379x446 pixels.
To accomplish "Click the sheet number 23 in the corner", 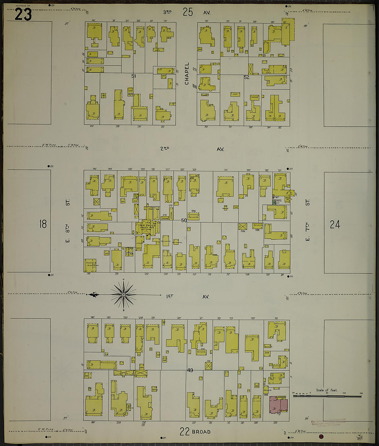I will tap(23, 14).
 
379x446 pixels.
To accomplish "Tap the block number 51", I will tap(134, 75).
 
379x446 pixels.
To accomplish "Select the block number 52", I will tap(247, 77).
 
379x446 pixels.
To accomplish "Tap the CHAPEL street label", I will tap(187, 73).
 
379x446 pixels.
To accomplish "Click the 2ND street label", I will tap(165, 149).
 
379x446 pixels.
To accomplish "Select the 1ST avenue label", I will tap(170, 296).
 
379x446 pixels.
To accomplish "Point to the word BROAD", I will tap(201, 432).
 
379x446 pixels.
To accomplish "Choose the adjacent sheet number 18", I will tap(43, 224).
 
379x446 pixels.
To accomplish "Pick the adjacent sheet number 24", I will tap(335, 225).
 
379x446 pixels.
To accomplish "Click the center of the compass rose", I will tap(123, 295).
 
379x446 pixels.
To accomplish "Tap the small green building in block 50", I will tap(274, 202).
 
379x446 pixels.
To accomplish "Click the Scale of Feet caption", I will tap(327, 390).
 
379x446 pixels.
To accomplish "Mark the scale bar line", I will tap(327, 396).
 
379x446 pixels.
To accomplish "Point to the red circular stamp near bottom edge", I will tap(321, 437).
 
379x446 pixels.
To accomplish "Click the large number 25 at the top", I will tap(188, 12).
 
